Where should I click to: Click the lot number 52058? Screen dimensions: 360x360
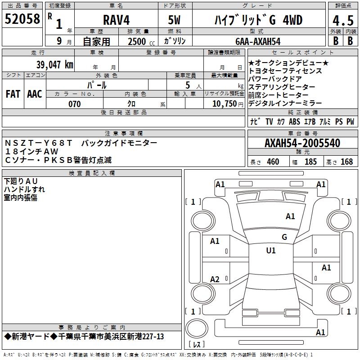[22, 19]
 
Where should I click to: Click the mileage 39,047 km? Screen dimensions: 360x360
[54, 64]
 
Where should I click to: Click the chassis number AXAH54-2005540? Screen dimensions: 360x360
[302, 143]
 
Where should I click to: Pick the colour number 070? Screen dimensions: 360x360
[74, 104]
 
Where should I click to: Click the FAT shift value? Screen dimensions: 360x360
[13, 94]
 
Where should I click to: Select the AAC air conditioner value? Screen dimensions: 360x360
[35, 94]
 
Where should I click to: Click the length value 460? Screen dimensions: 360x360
[273, 162]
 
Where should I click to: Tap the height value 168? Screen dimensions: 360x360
[346, 162]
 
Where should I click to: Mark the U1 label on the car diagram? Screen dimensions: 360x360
[271, 251]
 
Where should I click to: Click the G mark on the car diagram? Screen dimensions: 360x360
[284, 237]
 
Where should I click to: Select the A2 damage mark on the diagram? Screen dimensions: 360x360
[215, 279]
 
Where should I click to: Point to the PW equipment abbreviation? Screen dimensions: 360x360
[350, 121]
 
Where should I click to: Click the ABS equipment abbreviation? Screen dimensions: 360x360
[294, 121]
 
